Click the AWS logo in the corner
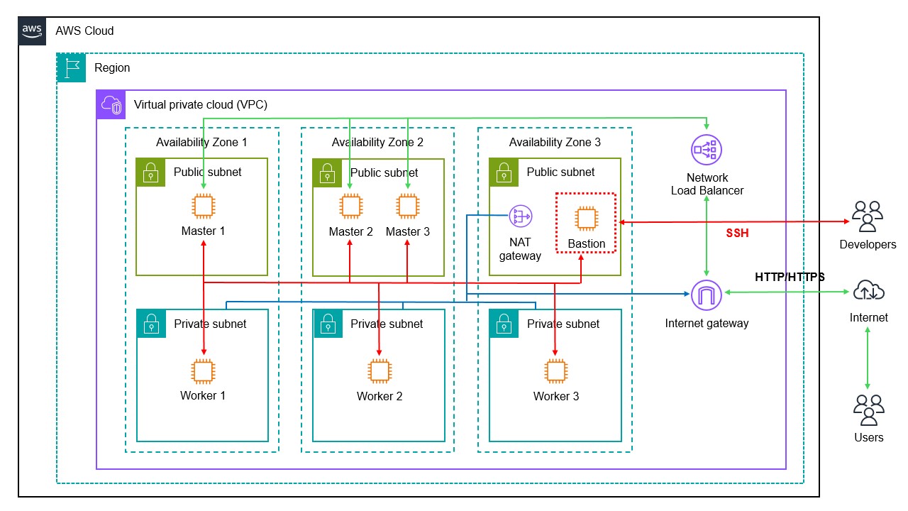[33, 31]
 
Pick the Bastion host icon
[586, 219]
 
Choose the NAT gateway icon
[521, 216]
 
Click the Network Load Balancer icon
[706, 150]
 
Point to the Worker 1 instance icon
[203, 371]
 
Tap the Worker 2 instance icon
[380, 371]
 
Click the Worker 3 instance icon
[555, 371]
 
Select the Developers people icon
[868, 216]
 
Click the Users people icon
[868, 410]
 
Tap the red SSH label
[737, 233]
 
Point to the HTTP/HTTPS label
[790, 278]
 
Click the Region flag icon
[71, 67]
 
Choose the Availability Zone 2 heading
[377, 142]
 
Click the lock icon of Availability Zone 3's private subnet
[504, 324]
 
